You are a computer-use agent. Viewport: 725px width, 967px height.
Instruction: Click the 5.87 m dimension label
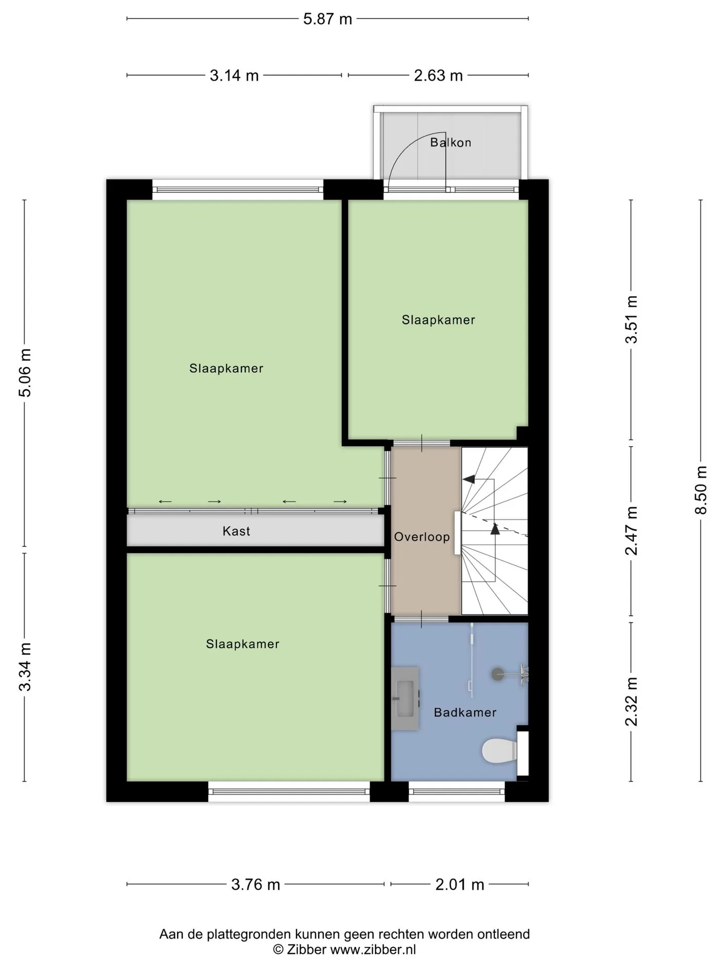point(327,19)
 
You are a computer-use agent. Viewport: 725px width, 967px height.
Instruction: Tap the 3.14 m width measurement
point(234,76)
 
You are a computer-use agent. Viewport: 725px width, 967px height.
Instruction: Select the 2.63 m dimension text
point(438,76)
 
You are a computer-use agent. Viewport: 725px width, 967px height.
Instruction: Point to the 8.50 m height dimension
point(701,490)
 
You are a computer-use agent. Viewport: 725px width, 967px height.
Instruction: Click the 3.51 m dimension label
point(631,320)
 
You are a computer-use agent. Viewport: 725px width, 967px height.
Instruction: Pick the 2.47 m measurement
point(631,531)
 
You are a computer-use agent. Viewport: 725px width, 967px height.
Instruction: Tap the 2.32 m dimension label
point(631,702)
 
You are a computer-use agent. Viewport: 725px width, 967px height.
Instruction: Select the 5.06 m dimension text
point(25,373)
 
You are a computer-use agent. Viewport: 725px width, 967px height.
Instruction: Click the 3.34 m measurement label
point(25,667)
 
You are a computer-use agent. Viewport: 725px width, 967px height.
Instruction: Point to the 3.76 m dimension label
point(255,884)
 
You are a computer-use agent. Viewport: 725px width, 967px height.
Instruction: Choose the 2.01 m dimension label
point(460,884)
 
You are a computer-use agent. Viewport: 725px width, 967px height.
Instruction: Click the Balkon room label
point(451,143)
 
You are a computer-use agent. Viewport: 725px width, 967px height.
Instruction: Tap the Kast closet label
point(236,531)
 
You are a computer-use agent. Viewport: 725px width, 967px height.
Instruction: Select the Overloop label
point(422,537)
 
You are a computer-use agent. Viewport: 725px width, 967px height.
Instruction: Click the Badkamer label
point(465,712)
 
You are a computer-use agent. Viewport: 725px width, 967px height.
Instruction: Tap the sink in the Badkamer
point(405,699)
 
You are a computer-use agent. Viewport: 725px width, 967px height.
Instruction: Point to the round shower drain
point(497,674)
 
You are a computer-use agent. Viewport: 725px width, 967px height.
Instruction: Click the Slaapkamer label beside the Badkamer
point(243,644)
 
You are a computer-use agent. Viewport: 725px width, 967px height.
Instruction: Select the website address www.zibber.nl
point(373,949)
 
